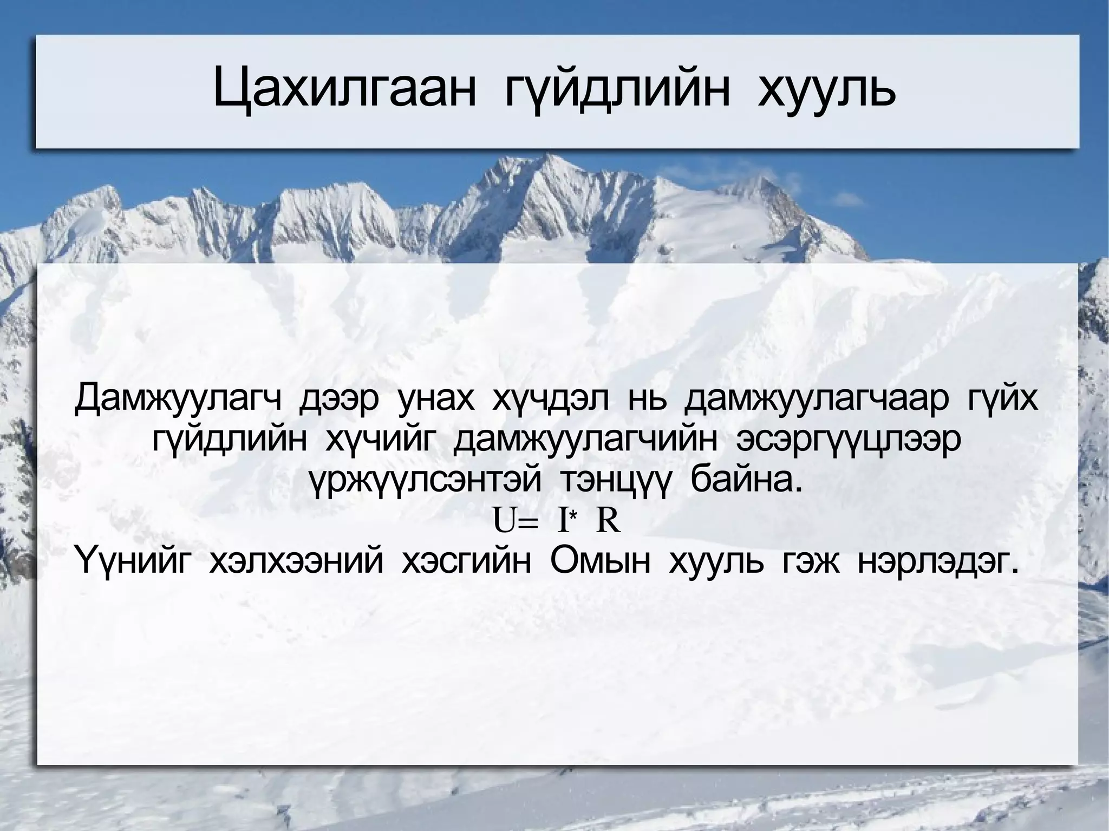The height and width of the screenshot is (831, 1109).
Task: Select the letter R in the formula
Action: pos(608,523)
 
